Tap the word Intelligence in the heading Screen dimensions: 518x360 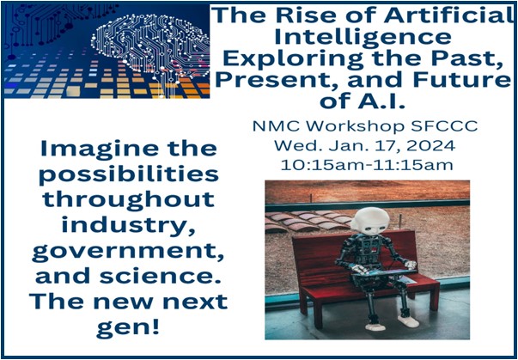[363, 37]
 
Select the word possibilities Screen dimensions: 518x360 [129, 175]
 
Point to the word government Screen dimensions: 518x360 [128, 253]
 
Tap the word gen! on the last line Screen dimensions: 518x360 [128, 328]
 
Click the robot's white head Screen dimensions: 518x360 [370, 222]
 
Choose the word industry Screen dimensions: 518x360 [128, 227]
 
